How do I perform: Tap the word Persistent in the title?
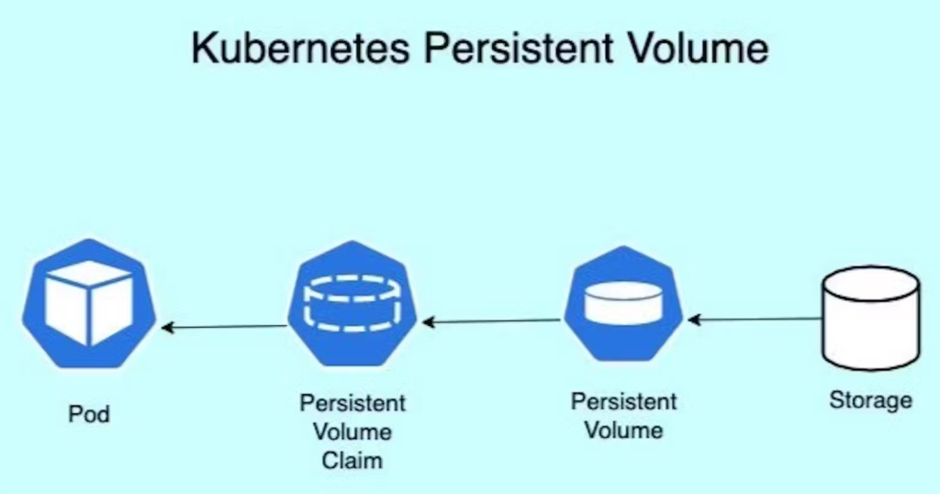pyautogui.click(x=489, y=48)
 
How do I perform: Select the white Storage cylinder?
pyautogui.click(x=870, y=318)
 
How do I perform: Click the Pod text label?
pyautogui.click(x=89, y=414)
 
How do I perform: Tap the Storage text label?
pyautogui.click(x=870, y=400)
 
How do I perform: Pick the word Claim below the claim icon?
pyautogui.click(x=352, y=459)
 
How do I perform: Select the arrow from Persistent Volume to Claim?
pyautogui.click(x=490, y=321)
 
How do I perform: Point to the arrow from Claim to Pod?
pyautogui.click(x=224, y=327)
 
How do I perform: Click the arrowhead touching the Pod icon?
pyautogui.click(x=167, y=328)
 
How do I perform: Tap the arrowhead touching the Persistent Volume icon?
pyautogui.click(x=693, y=320)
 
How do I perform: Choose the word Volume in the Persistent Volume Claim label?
pyautogui.click(x=352, y=432)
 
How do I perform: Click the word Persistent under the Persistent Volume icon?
pyautogui.click(x=624, y=402)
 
